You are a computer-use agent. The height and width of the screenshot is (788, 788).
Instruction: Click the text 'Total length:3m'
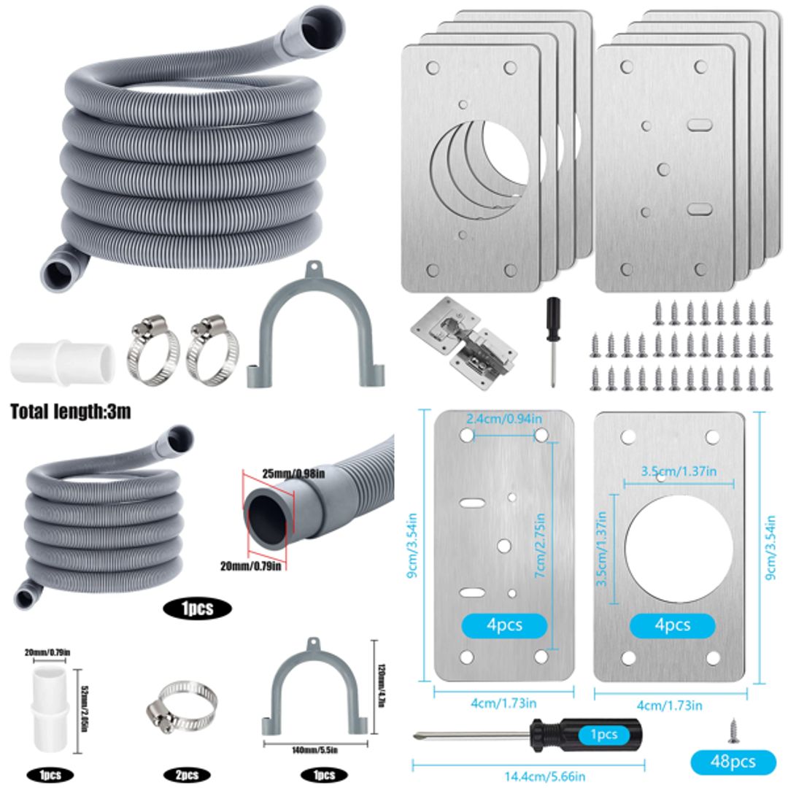click(71, 412)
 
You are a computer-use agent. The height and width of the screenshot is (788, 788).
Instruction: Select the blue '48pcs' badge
click(733, 762)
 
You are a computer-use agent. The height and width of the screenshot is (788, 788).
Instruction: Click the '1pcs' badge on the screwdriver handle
click(604, 735)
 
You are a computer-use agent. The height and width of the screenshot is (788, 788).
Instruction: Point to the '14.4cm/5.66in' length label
click(529, 777)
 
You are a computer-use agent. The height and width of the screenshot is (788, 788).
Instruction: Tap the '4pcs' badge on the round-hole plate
click(672, 625)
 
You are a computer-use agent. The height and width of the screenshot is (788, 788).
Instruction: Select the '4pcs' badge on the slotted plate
click(503, 625)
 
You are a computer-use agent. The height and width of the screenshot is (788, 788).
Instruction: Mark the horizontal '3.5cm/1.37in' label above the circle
click(679, 471)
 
